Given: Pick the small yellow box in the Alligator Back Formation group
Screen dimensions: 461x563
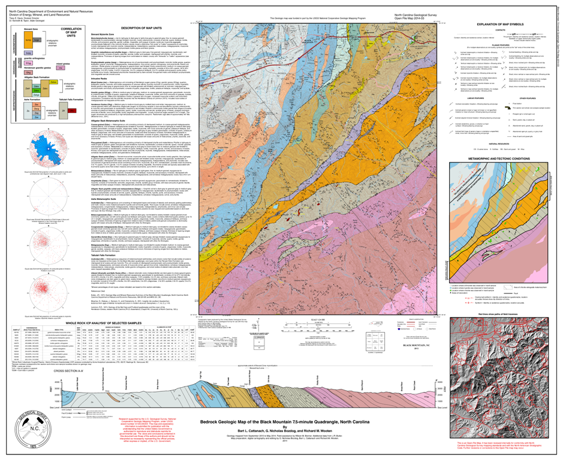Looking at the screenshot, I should tap(53, 82).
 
